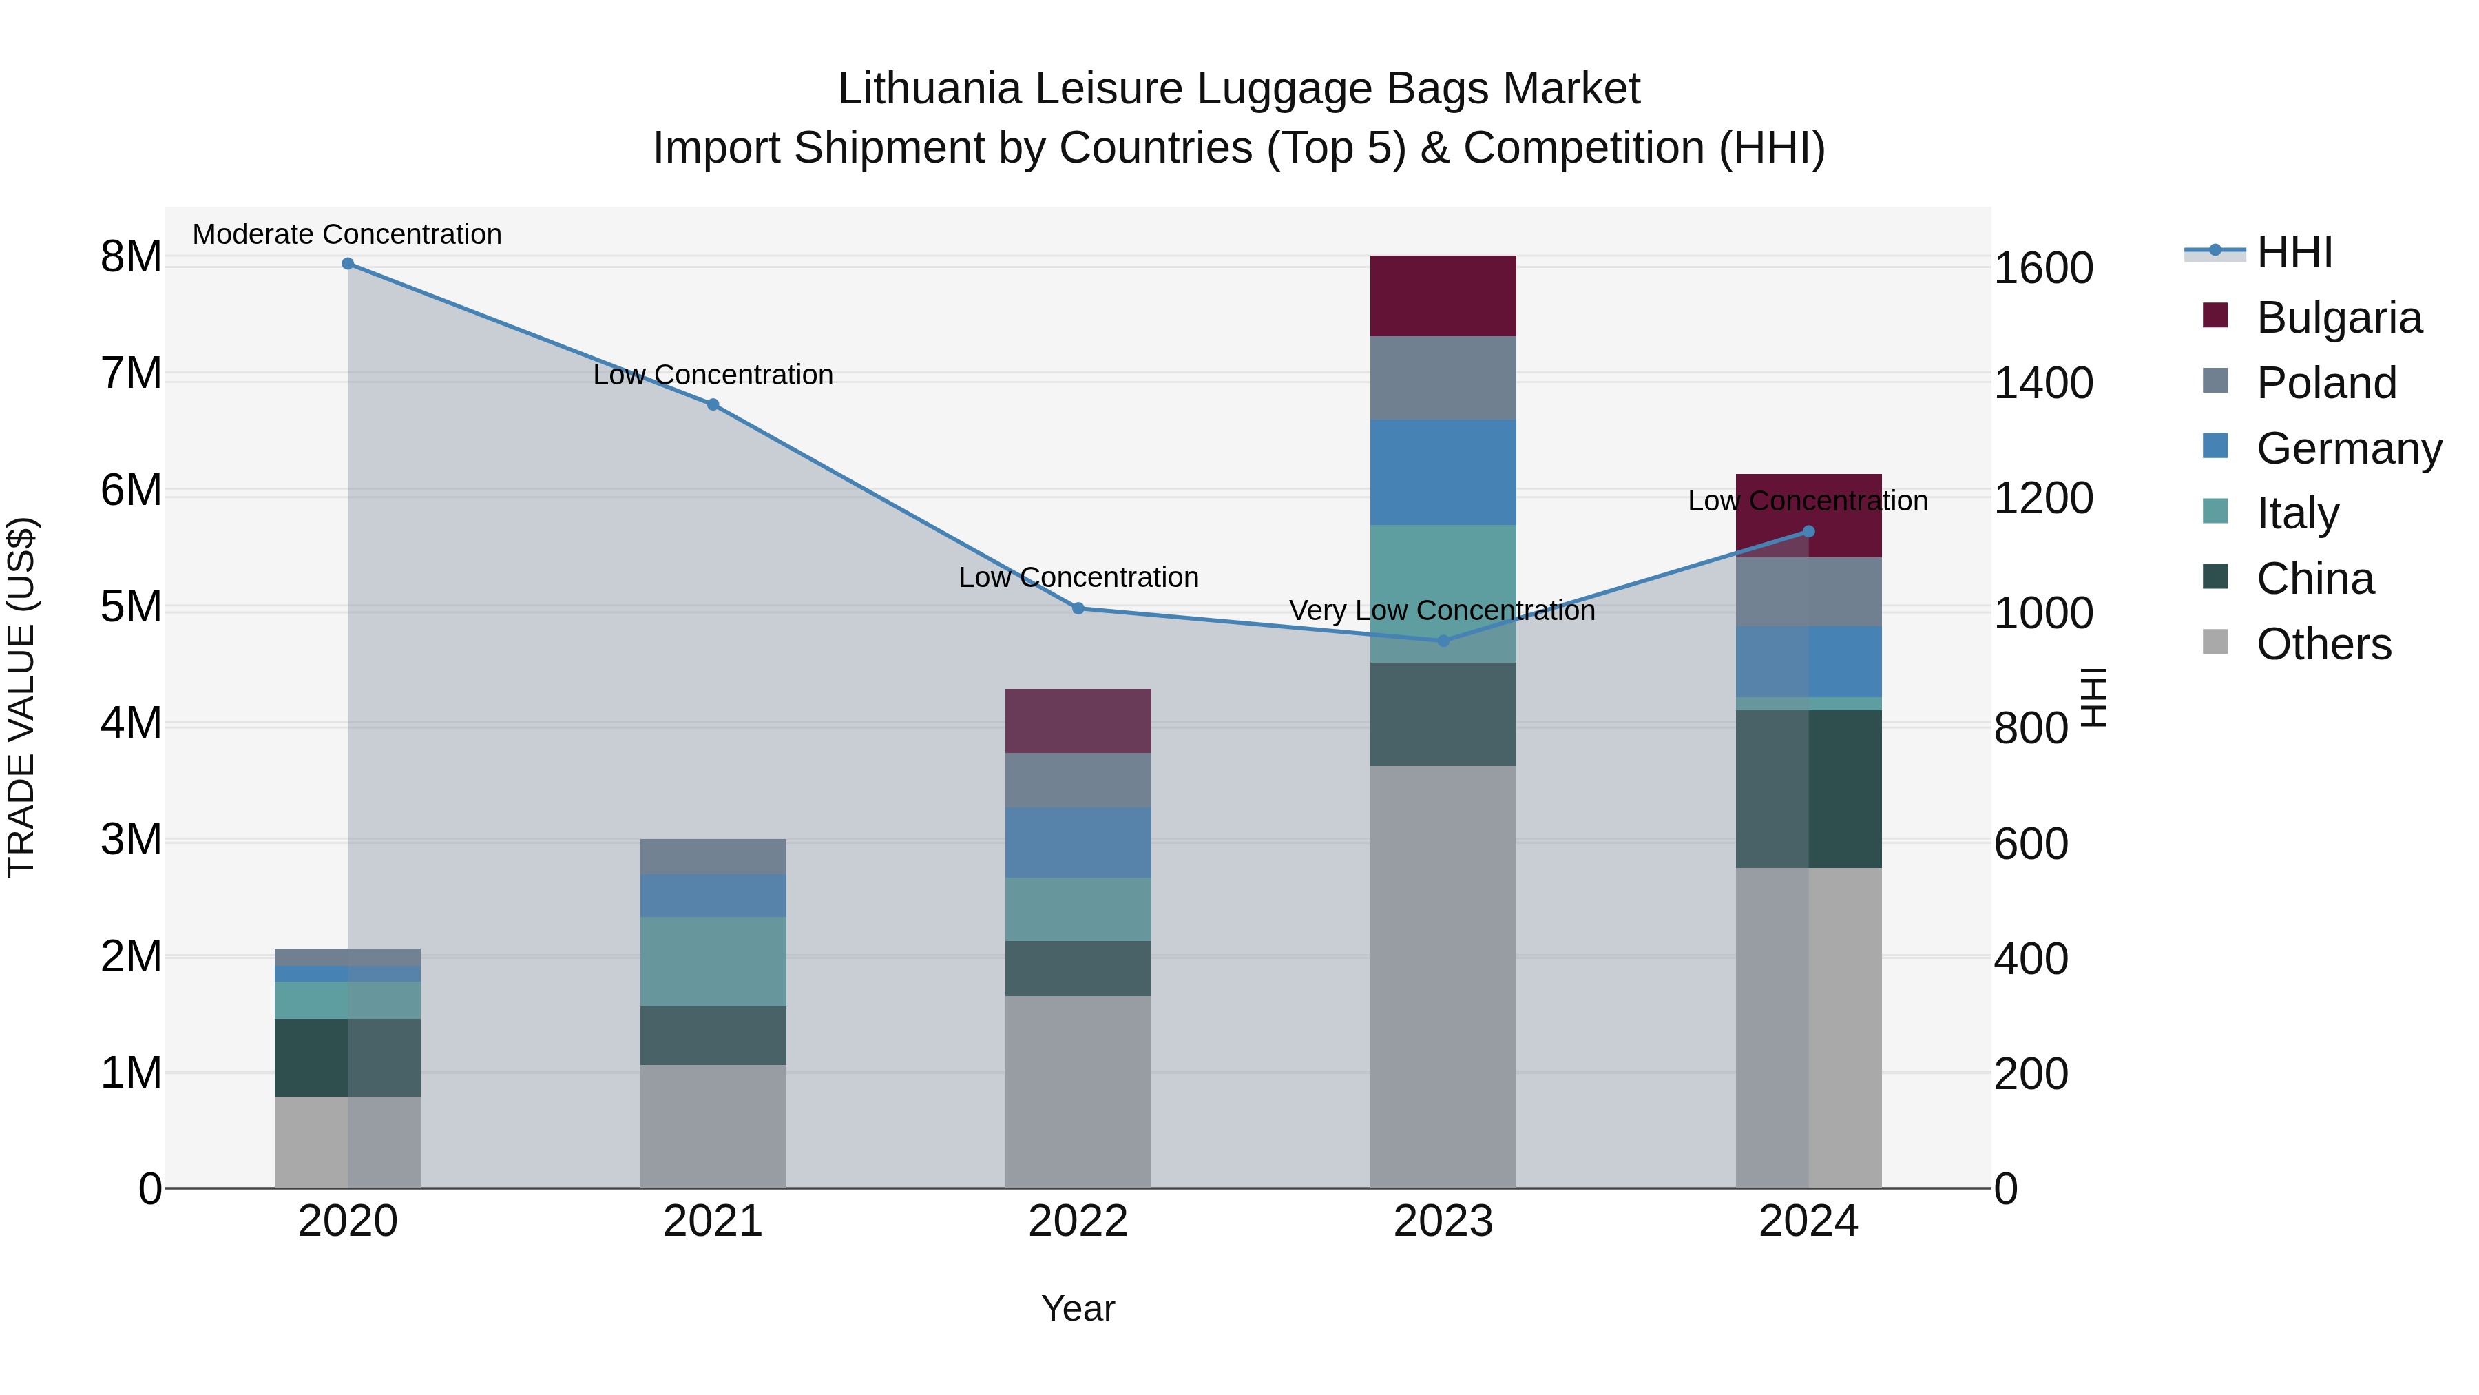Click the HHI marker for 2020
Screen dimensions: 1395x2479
(x=348, y=264)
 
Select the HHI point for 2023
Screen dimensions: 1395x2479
(x=1443, y=640)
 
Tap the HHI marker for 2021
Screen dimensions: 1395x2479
(x=713, y=404)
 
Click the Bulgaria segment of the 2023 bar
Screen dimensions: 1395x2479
(x=1443, y=296)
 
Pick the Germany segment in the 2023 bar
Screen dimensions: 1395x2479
(x=1443, y=472)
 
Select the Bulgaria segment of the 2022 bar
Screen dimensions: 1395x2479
(x=1078, y=720)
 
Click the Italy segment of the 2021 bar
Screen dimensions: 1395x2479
(x=713, y=961)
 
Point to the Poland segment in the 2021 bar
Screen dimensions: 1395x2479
(x=713, y=856)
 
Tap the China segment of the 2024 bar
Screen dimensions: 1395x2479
(x=1808, y=789)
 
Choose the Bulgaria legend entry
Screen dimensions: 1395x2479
(x=2339, y=318)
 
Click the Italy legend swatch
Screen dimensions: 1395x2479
(x=2215, y=512)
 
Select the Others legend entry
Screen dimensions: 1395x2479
(x=2323, y=644)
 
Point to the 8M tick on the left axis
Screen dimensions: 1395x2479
(x=131, y=257)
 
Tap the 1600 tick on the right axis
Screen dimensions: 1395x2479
(x=2043, y=268)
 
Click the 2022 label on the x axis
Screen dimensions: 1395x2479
(x=1078, y=1221)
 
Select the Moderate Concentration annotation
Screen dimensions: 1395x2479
(x=348, y=234)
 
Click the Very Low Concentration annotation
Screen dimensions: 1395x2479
(x=1441, y=610)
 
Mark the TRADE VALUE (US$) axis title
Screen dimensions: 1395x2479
(x=21, y=697)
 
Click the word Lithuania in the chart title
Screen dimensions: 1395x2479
(x=928, y=89)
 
